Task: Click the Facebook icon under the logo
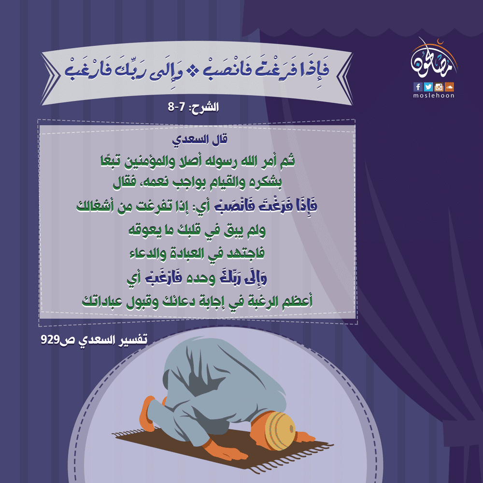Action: pos(418,87)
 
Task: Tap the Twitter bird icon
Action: pos(428,87)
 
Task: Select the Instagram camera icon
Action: pos(439,87)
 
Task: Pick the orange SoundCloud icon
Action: pos(449,87)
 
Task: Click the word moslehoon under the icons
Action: pos(434,96)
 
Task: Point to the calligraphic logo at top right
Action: pos(434,59)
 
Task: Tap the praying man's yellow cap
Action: pos(280,431)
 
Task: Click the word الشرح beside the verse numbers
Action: pos(205,107)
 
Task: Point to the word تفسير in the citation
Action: pos(133,340)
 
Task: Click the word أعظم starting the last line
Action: pos(298,301)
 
